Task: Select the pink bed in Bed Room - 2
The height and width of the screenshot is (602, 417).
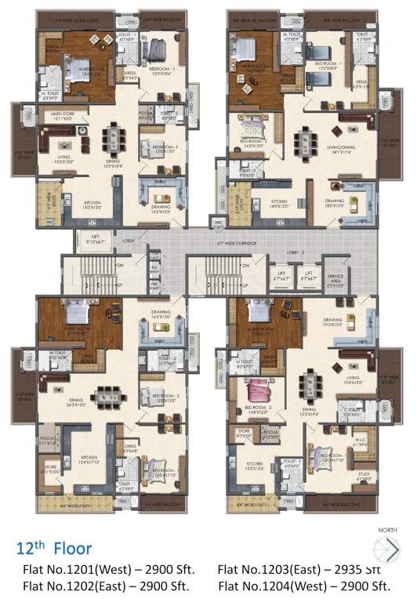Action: coord(259,390)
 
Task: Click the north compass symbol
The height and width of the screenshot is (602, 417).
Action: coord(387,548)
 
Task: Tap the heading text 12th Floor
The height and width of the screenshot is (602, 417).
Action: coord(53,548)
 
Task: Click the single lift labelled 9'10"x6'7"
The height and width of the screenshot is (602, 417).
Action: coord(96,241)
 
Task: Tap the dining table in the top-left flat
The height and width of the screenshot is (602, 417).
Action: coord(115,140)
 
